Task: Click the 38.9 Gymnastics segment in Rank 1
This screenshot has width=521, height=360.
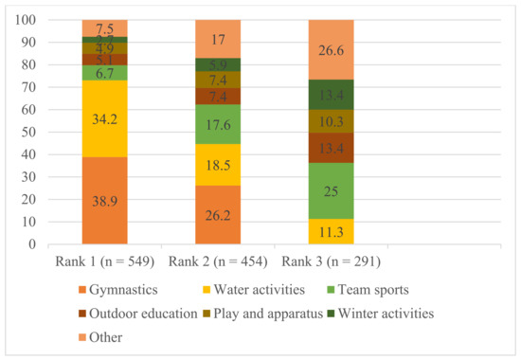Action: click(104, 200)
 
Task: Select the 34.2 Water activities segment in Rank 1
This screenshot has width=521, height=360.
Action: click(104, 118)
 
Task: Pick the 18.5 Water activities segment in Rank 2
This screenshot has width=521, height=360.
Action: click(218, 164)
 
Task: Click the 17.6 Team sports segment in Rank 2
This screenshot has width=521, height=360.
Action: click(218, 123)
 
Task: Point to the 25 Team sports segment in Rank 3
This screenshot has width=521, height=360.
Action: click(331, 190)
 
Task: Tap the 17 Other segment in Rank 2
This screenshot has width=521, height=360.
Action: click(218, 39)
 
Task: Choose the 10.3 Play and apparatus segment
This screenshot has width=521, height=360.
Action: click(331, 121)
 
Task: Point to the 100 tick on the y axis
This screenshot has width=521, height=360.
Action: click(25, 20)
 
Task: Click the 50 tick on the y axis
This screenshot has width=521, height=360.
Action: click(27, 132)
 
